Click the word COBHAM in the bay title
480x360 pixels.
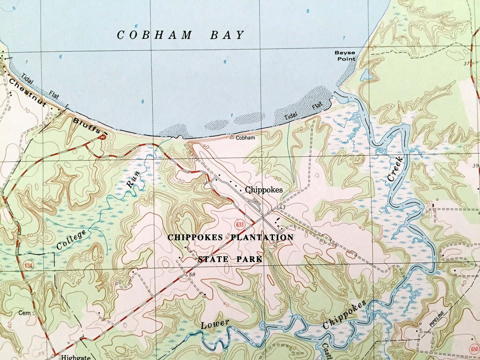154,35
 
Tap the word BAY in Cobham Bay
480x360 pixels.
228,35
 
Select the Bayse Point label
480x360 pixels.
345,56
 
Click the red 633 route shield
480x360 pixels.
240,225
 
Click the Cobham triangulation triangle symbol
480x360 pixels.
232,137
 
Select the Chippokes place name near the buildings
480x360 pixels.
264,190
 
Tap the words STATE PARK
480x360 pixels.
230,259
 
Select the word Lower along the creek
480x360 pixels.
215,324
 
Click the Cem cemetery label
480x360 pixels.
24,313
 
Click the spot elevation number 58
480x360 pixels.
192,275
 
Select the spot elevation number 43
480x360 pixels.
282,208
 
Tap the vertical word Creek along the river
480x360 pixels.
395,169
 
